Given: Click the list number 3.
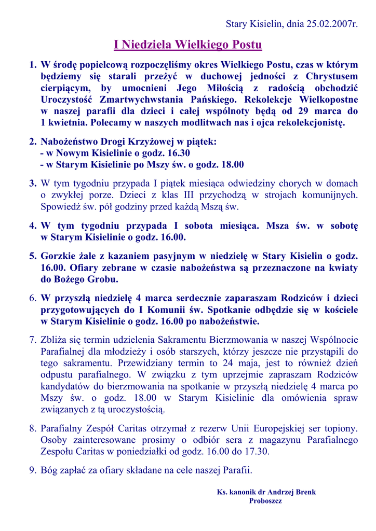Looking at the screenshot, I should pyautogui.click(x=32, y=183).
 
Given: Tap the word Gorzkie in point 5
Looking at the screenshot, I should pyautogui.click(x=59, y=256).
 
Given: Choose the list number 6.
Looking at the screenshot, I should pyautogui.click(x=32, y=298).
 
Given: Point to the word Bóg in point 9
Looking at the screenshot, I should pyautogui.click(x=50, y=471).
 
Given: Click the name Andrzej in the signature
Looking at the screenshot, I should pyautogui.click(x=284, y=492).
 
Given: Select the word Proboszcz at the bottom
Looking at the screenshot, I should pyautogui.click(x=265, y=500).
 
